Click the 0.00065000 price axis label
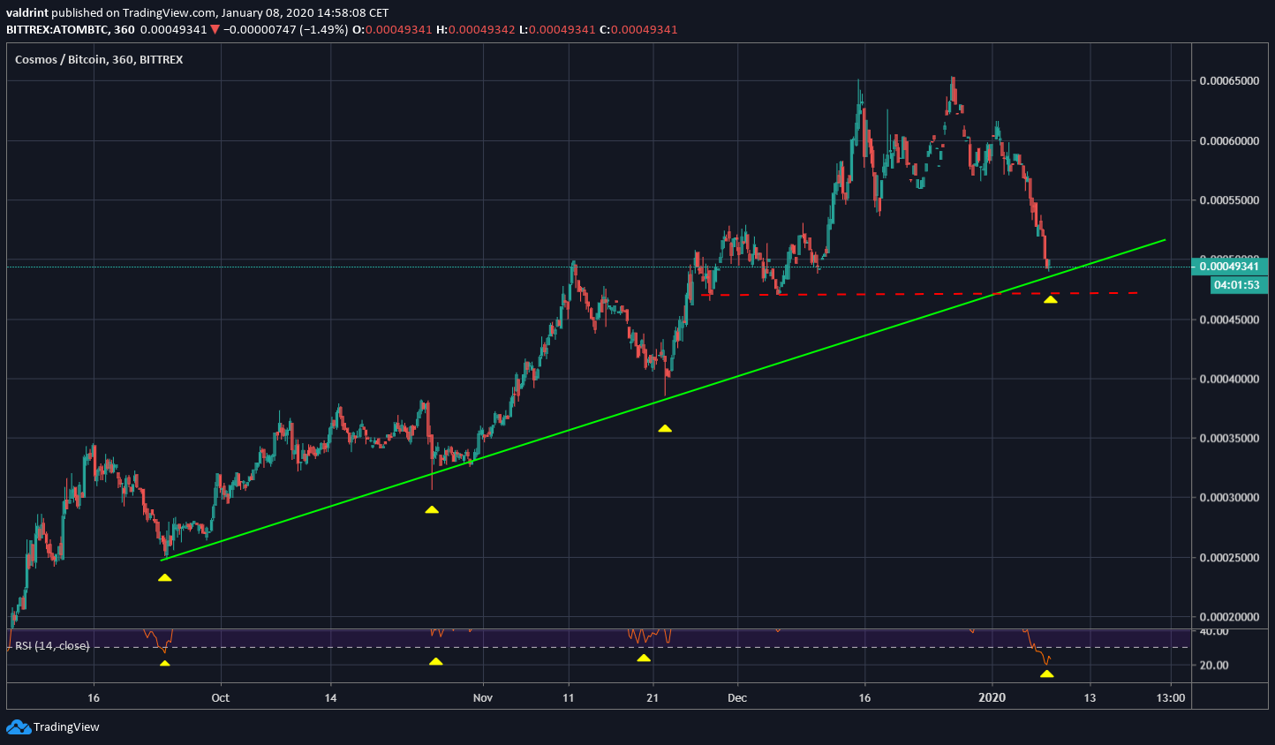(x=1228, y=81)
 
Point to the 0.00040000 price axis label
(x=1228, y=380)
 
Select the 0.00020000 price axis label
(x=1228, y=617)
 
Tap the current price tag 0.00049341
(x=1228, y=267)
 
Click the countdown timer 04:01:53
(x=1236, y=285)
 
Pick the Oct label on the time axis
(x=220, y=698)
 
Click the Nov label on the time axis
(x=482, y=698)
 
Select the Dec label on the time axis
(x=737, y=698)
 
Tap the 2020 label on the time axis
(x=992, y=698)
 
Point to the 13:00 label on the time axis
(x=1171, y=698)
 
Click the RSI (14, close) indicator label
(x=52, y=646)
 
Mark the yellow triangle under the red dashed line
(x=1050, y=300)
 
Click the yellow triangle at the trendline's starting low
(x=164, y=578)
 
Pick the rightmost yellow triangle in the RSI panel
(x=1046, y=674)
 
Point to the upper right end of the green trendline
(x=1164, y=240)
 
